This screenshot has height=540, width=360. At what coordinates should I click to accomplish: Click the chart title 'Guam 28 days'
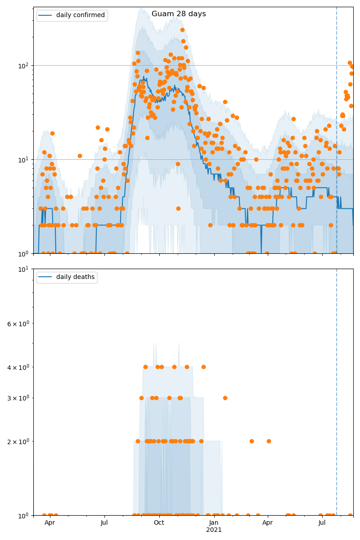179,14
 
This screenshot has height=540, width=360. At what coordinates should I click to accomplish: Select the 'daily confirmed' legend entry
80,15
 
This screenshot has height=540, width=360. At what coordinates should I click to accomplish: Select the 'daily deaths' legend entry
75,277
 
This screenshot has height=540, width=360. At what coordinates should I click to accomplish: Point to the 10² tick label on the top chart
23,65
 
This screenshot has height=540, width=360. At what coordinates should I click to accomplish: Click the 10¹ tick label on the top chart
23,159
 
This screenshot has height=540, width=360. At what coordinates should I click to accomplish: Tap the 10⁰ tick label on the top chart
23,253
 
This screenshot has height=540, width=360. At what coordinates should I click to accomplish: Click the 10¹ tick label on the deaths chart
23,269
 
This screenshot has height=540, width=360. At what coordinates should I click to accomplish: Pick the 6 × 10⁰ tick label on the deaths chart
18,324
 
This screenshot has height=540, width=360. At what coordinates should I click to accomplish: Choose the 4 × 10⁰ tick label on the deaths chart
18,367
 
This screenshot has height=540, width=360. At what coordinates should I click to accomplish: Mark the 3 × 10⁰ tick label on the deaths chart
18,398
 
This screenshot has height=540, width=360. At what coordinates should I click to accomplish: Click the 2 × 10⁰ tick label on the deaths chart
18,441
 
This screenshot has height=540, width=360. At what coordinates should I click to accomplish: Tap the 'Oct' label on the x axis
159,523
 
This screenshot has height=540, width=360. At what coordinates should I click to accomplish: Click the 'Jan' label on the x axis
214,523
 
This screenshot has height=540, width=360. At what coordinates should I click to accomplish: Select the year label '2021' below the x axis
214,530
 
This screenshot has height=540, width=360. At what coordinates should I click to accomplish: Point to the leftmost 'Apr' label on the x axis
49,523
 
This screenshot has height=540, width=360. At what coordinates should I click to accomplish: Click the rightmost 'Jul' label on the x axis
322,523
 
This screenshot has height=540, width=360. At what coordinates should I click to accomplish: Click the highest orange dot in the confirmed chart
182,30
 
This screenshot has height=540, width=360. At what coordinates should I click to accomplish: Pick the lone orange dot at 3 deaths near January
225,398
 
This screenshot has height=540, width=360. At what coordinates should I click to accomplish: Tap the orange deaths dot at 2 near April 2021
269,441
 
